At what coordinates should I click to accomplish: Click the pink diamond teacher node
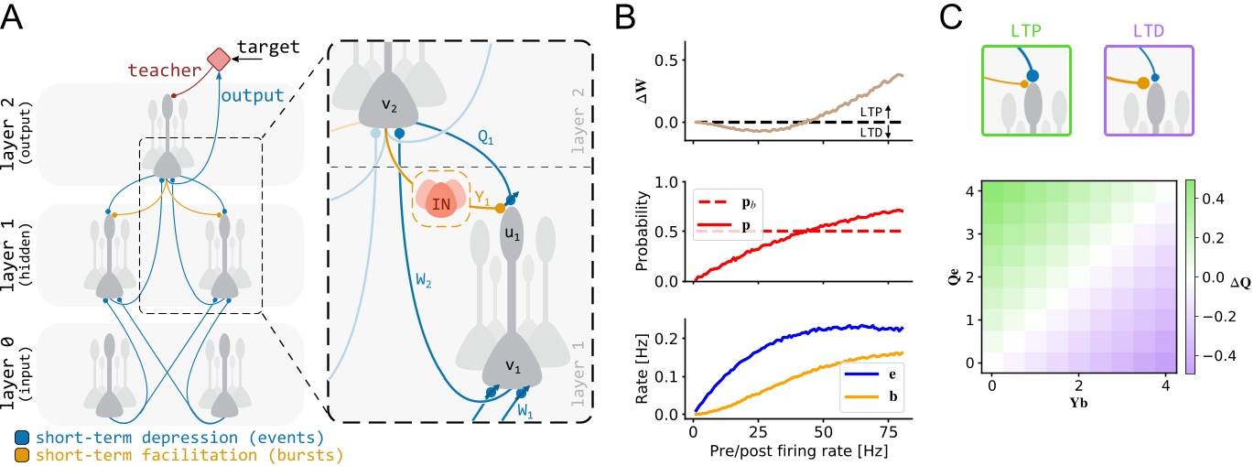tap(218, 60)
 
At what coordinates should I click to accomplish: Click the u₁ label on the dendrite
tap(512, 259)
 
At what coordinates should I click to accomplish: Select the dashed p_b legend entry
tap(739, 222)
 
